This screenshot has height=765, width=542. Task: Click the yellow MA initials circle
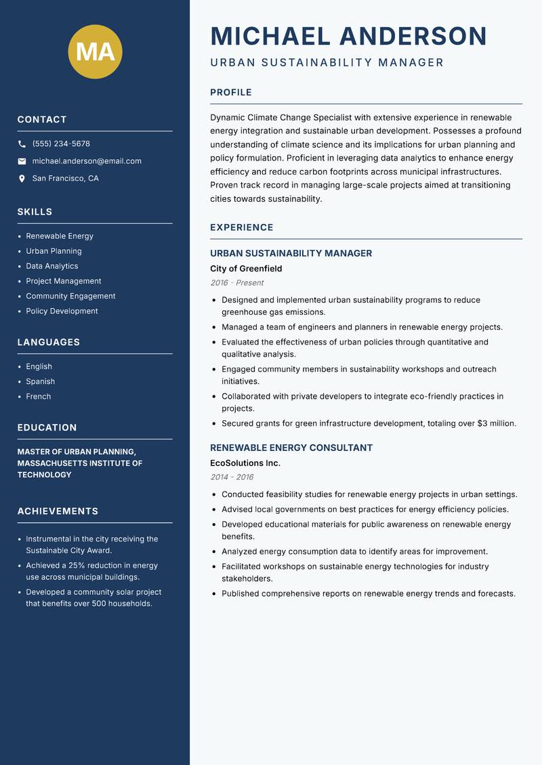click(95, 51)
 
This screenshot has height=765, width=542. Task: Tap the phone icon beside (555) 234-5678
click(22, 144)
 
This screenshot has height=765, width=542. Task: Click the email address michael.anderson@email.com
click(87, 161)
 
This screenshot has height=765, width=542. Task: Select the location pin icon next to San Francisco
click(22, 179)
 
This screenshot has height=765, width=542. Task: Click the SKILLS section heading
click(35, 212)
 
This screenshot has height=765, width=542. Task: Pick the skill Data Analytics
click(52, 266)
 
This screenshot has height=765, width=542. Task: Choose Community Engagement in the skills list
click(70, 296)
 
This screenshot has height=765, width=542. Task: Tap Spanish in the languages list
click(41, 381)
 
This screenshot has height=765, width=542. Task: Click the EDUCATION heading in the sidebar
click(47, 428)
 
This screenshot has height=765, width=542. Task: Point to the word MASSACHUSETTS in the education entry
click(58, 463)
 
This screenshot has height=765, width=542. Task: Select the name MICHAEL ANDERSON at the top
click(348, 36)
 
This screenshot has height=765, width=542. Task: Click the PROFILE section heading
click(230, 93)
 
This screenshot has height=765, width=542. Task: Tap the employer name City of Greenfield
click(246, 269)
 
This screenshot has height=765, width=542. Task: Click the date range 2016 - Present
click(236, 283)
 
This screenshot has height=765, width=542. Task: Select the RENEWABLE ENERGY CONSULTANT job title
click(291, 447)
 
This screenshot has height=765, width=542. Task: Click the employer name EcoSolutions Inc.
click(245, 463)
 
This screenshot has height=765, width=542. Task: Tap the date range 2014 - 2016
click(231, 477)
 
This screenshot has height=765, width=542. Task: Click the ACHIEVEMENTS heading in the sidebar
click(58, 511)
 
